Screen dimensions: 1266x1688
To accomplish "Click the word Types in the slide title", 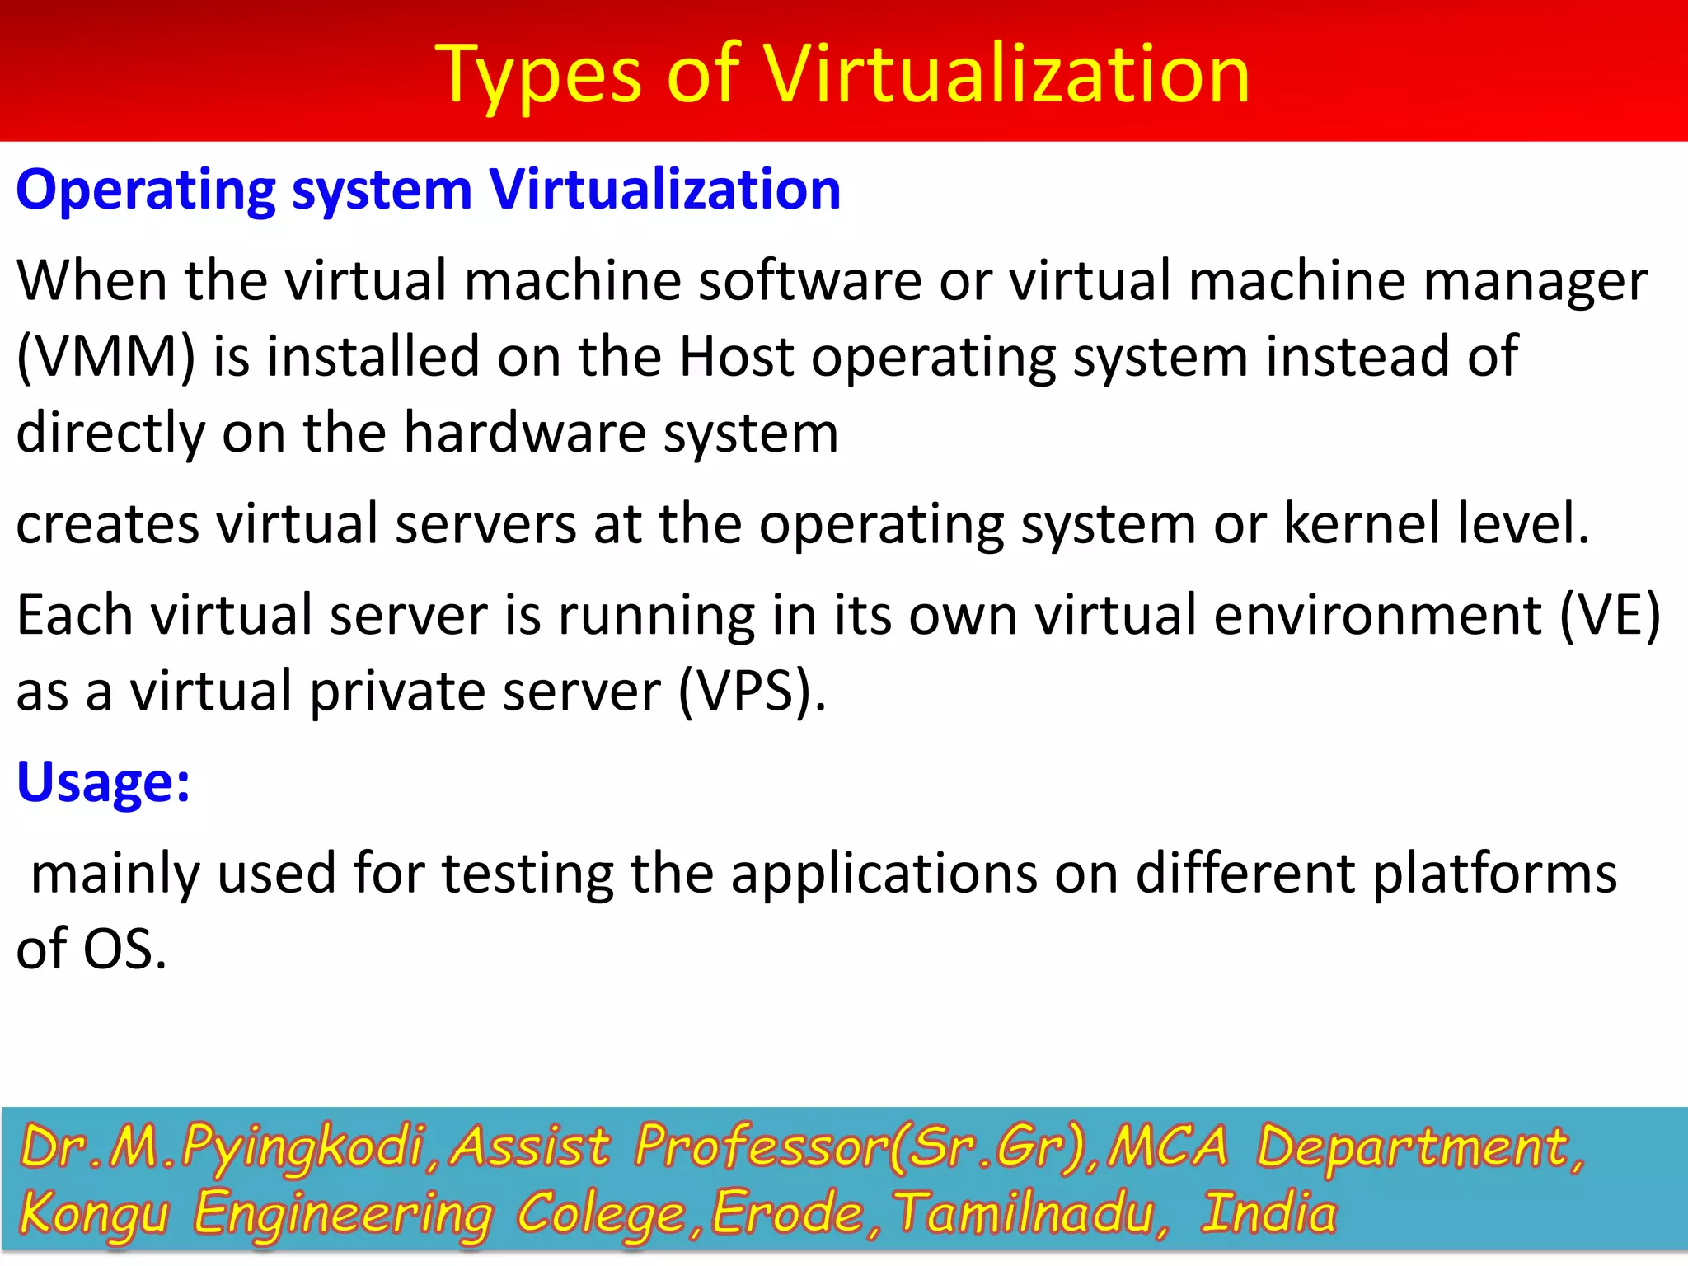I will pyautogui.click(x=537, y=76).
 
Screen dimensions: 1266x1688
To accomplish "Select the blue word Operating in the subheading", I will pyautogui.click(x=146, y=191).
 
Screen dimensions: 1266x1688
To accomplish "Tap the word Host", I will pyautogui.click(x=736, y=357).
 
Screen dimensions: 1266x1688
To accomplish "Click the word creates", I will pyautogui.click(x=108, y=524).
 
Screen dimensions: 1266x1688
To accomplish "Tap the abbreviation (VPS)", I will pyautogui.click(x=751, y=692).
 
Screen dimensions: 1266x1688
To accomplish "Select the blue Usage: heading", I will pyautogui.click(x=104, y=781).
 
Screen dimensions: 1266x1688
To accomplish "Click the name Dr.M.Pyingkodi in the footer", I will pyautogui.click(x=223, y=1147).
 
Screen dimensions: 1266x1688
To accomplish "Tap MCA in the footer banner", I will pyautogui.click(x=1167, y=1146).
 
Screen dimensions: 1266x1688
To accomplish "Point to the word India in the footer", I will pyautogui.click(x=1268, y=1213).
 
